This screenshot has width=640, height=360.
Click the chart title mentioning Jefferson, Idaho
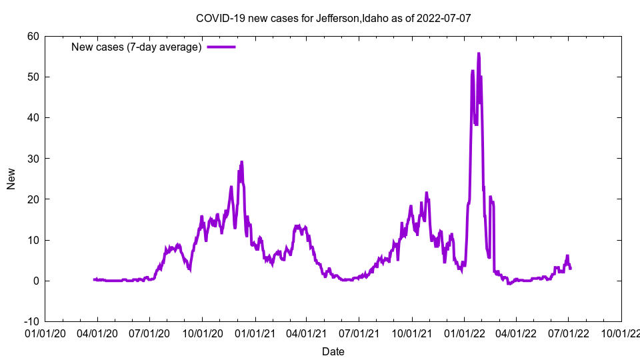(x=333, y=18)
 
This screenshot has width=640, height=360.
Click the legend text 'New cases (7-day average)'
(x=137, y=47)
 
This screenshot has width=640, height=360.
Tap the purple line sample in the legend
(x=221, y=47)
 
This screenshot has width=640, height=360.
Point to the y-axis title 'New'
(x=11, y=179)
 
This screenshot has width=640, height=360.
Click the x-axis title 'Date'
(x=333, y=351)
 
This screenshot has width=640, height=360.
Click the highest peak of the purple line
(x=479, y=53)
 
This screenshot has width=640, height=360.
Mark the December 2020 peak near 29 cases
(x=241, y=162)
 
